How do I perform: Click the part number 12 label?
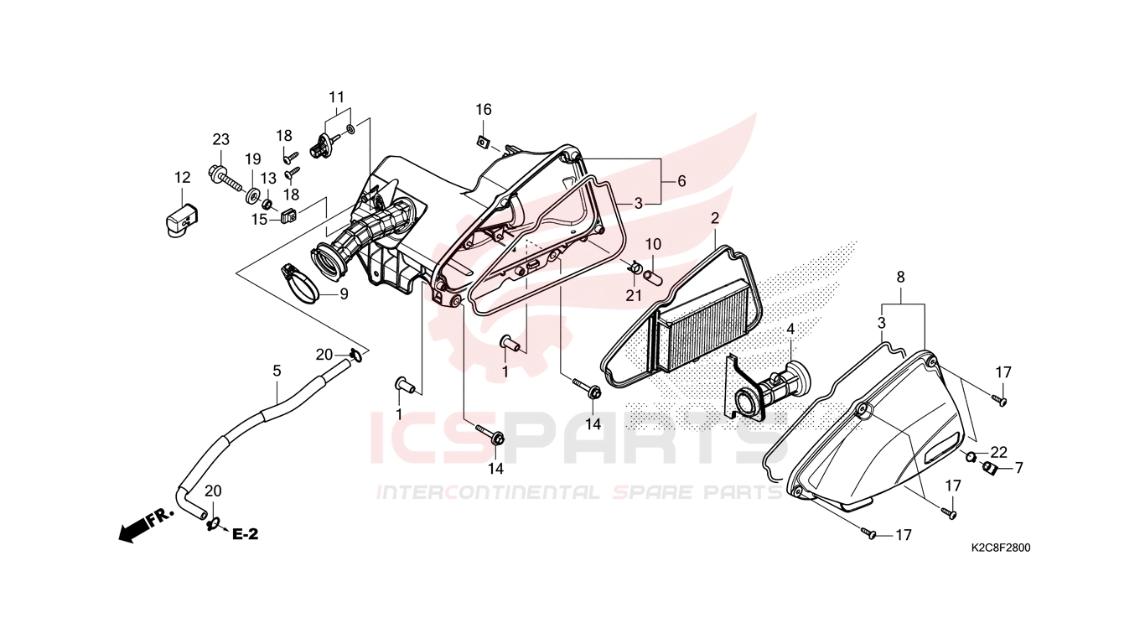[183, 178]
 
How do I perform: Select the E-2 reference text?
[246, 534]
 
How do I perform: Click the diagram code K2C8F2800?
[1001, 548]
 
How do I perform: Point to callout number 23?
[220, 139]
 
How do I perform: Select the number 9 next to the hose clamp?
[344, 294]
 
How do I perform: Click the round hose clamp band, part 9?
[302, 284]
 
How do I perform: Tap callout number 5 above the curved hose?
[277, 371]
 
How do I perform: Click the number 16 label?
[484, 110]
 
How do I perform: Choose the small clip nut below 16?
[481, 140]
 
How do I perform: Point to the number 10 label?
[653, 245]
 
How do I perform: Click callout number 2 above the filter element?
[715, 218]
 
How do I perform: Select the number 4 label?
[790, 330]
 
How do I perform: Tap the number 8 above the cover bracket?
[901, 278]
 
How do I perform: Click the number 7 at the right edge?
[1018, 468]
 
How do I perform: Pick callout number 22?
[998, 452]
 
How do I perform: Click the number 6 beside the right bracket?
[681, 181]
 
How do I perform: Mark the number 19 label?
[253, 158]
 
